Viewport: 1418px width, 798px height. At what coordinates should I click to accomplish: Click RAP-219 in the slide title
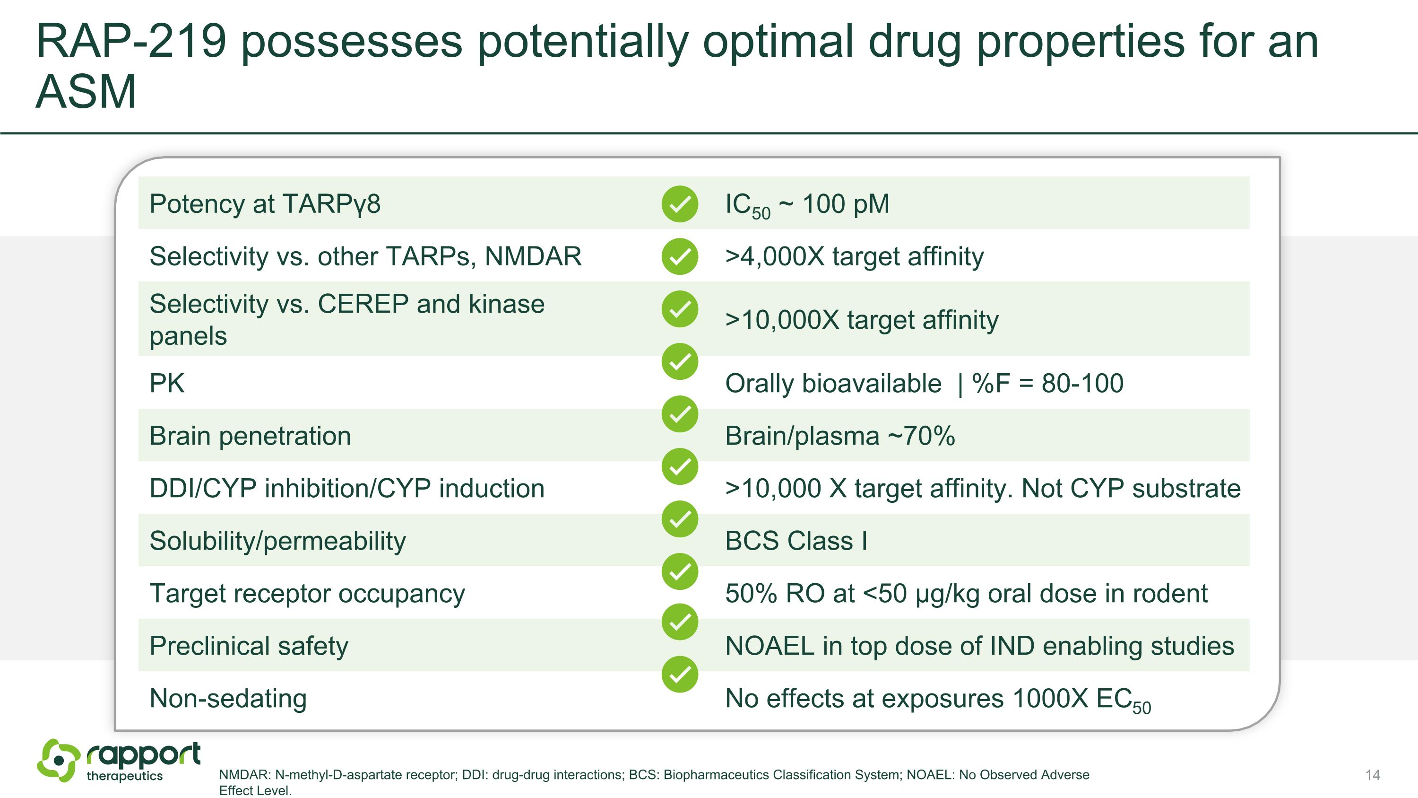click(x=131, y=41)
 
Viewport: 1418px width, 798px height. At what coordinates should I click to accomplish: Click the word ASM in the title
click(x=86, y=92)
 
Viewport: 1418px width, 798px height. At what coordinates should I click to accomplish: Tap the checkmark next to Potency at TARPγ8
click(x=680, y=204)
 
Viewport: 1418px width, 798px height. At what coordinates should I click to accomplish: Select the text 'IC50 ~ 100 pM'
click(x=806, y=204)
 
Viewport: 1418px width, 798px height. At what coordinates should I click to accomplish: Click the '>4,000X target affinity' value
click(x=854, y=257)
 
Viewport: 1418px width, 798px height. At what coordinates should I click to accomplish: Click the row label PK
click(x=167, y=383)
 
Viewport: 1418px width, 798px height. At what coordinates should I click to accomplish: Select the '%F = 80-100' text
click(x=1047, y=383)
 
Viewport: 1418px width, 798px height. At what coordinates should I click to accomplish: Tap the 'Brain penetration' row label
click(x=250, y=436)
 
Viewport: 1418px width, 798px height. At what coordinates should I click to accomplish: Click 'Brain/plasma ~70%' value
click(x=839, y=436)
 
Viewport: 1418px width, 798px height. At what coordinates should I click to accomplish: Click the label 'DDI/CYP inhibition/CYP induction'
click(x=347, y=489)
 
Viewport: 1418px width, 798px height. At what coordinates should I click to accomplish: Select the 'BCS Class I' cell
click(x=796, y=541)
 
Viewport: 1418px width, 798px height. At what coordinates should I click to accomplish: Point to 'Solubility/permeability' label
click(x=277, y=541)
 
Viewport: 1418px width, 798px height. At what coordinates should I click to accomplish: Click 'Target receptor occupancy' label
click(x=307, y=594)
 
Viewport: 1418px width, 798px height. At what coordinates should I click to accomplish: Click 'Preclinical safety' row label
click(x=249, y=646)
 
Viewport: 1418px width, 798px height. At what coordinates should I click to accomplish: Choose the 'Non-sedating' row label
click(x=228, y=698)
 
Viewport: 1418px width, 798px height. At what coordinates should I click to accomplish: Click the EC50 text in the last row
click(x=1123, y=700)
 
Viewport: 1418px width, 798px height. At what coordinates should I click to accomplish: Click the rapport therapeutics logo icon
click(x=58, y=761)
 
